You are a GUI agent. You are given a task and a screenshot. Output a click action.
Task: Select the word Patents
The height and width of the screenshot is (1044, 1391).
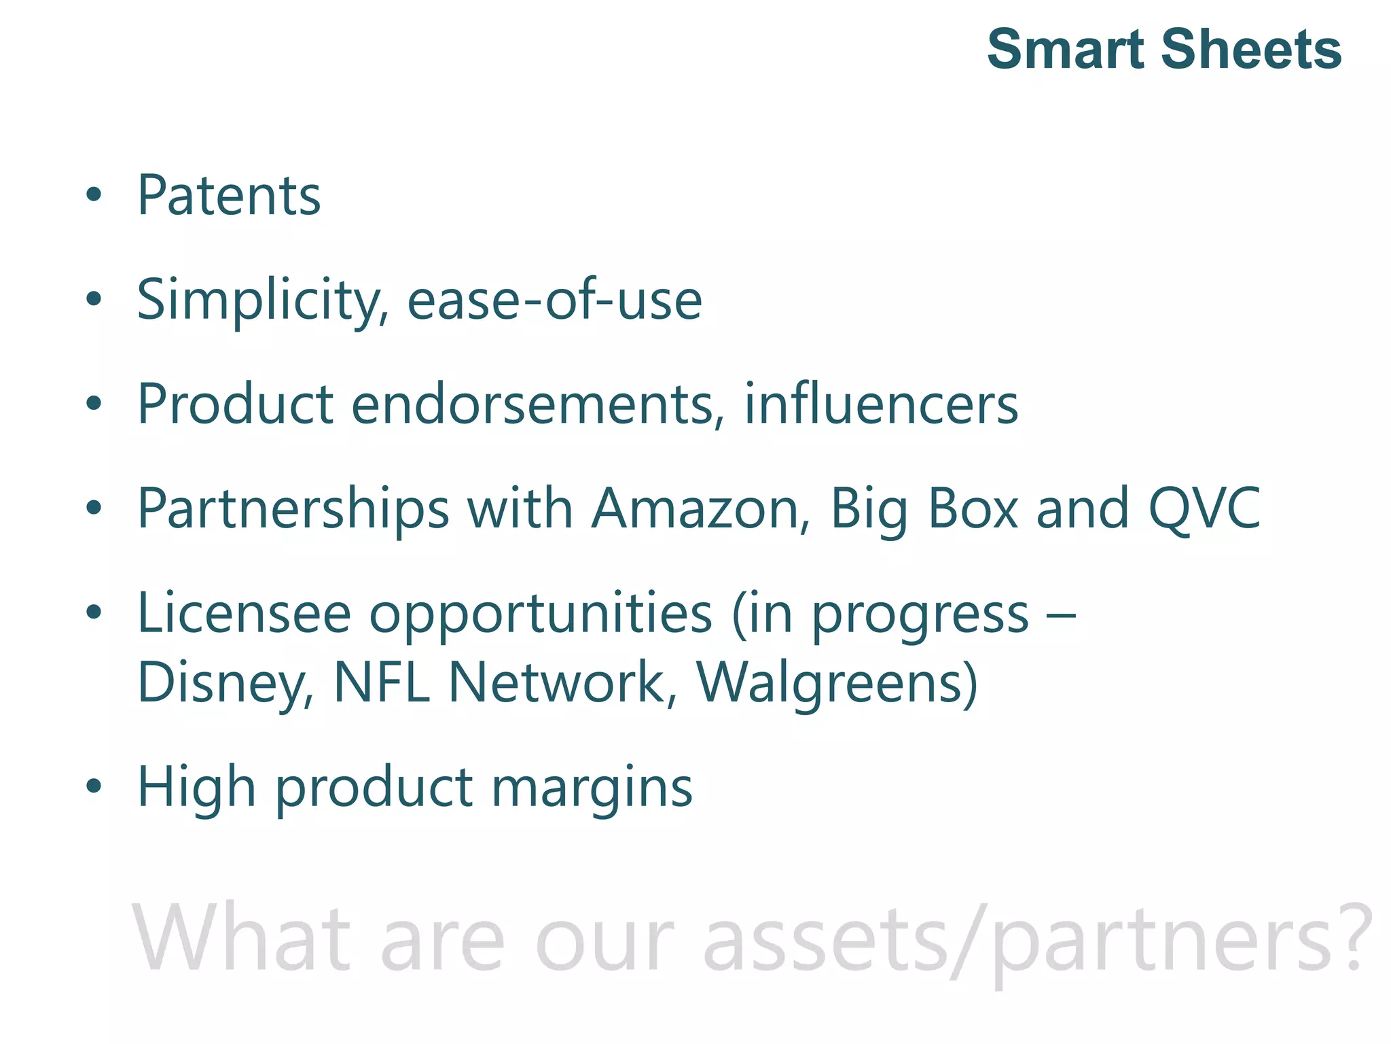pos(229,196)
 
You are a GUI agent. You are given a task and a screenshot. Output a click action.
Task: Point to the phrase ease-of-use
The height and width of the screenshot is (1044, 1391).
pos(554,300)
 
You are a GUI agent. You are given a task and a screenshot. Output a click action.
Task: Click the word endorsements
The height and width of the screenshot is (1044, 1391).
pos(532,404)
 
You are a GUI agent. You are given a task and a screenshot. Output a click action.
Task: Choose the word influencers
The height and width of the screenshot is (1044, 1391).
pos(881,404)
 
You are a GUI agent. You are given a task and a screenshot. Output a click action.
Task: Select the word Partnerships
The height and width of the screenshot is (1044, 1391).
pos(293,510)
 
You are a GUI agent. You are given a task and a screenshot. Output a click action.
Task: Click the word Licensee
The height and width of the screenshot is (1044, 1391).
pos(245,613)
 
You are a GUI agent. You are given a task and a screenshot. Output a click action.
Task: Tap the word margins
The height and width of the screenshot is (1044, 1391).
pos(592,788)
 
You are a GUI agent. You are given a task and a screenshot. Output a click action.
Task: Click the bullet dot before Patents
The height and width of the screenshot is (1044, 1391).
pos(94,196)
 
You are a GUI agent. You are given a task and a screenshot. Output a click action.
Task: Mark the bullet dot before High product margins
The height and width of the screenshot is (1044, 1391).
pos(94,787)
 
